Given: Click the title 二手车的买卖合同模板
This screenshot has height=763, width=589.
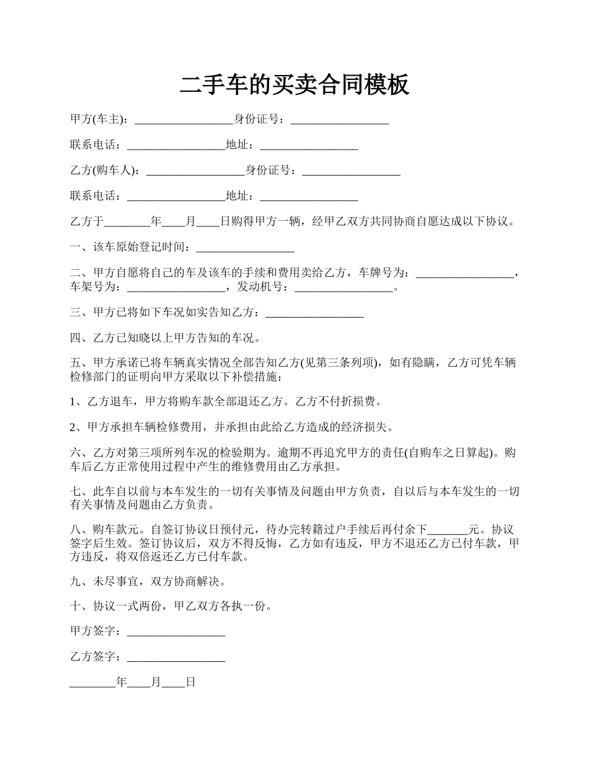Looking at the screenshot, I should tap(294, 85).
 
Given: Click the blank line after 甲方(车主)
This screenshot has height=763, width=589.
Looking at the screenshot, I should tap(184, 120).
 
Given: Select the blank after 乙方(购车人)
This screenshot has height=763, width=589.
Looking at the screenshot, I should tap(195, 171).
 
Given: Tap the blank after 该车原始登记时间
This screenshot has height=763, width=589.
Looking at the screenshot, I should tap(245, 248).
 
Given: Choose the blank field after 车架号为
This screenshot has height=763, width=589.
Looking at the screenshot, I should tap(176, 287).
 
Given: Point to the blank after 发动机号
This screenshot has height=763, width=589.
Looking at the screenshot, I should tap(344, 287).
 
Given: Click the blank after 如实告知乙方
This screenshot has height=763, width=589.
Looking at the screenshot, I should tap(314, 313).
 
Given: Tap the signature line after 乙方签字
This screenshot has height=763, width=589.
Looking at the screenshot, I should tap(176, 657).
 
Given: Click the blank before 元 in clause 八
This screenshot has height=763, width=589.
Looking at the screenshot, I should tap(448, 530).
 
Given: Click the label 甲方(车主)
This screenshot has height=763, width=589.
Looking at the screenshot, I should tap(99, 119).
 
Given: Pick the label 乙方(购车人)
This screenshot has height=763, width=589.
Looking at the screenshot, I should tap(105, 171).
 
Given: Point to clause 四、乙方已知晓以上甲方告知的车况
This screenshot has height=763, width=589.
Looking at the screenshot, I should tap(166, 338).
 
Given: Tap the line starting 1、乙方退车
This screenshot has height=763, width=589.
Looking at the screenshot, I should tap(226, 401).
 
